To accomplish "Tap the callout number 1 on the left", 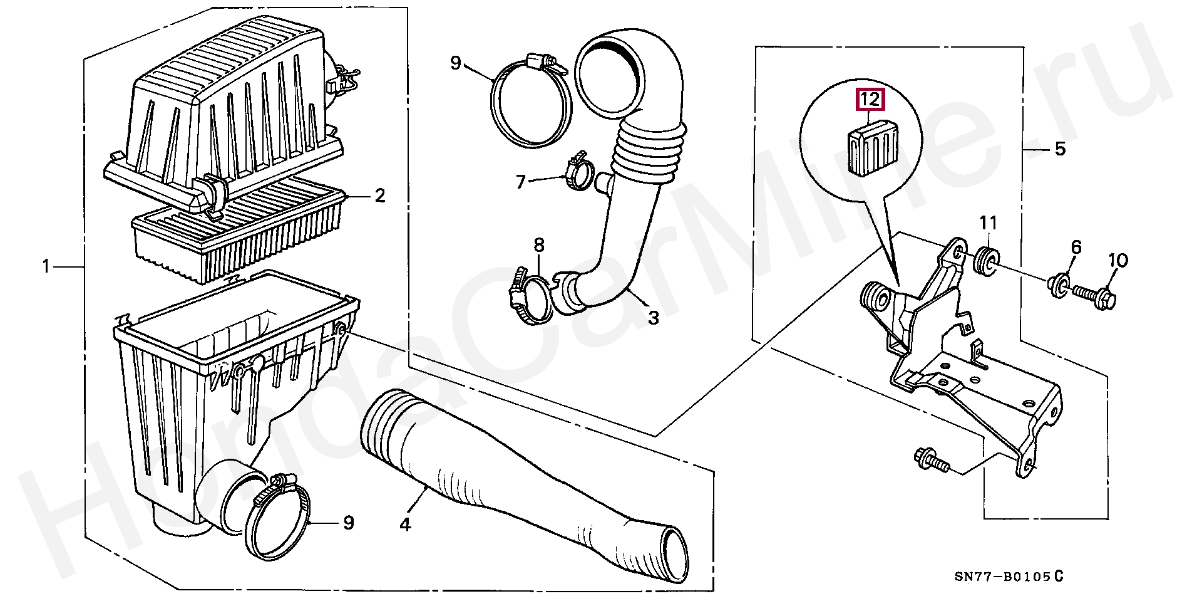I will point(46,267).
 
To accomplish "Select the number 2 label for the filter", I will point(379,196).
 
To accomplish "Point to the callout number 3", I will point(653,318).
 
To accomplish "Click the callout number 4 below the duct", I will point(405,524).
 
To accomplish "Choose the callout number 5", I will point(1059,149).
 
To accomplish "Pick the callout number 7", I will point(520,182).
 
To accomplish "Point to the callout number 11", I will point(988,222).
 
